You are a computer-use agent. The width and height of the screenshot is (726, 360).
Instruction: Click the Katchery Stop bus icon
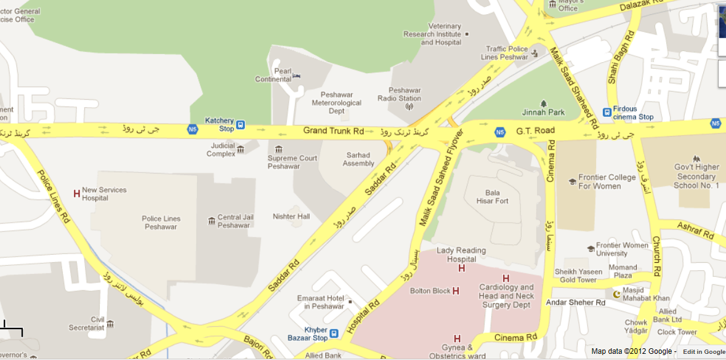pos(240,125)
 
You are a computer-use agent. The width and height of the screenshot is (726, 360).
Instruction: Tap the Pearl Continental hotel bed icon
pos(297,76)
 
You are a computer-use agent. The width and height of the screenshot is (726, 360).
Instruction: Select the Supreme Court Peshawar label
pos(292,162)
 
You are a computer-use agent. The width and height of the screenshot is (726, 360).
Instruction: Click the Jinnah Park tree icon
pos(543,103)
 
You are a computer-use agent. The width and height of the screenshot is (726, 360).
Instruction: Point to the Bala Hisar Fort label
pos(492,196)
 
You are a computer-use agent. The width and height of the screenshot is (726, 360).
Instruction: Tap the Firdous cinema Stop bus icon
pos(607,113)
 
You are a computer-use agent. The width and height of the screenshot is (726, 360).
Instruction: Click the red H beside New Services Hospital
pos(76,194)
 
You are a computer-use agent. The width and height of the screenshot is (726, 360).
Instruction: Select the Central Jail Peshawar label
pos(233,221)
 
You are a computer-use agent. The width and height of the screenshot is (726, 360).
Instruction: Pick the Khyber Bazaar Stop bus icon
pos(334,334)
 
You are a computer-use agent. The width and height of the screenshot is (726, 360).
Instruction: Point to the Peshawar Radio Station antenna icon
pos(408,106)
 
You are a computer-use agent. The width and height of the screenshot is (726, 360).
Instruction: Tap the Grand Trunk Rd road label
pos(333,131)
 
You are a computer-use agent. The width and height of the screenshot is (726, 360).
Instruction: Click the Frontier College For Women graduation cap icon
pos(572,182)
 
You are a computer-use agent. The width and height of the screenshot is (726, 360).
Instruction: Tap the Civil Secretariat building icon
pos(110,324)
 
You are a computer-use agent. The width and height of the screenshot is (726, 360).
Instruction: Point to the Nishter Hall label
pos(291,217)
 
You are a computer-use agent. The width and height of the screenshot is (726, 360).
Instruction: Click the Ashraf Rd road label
pos(695,231)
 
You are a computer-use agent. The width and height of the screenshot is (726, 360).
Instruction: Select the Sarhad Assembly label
pos(358,159)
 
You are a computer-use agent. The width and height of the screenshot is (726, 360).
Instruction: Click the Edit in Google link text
pos(704,351)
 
